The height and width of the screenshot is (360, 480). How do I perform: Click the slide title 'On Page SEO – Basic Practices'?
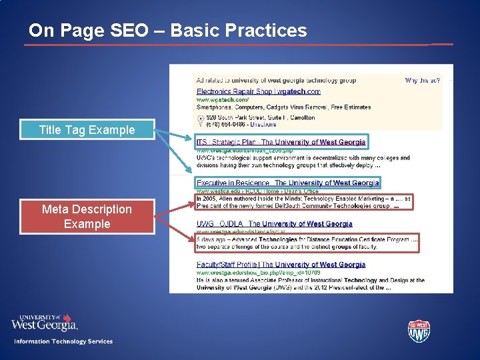(x=168, y=31)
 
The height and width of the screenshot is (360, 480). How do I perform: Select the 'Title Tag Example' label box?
(x=87, y=130)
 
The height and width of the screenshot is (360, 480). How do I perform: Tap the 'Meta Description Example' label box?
(x=87, y=217)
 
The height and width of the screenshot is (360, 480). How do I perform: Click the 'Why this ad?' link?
(x=422, y=81)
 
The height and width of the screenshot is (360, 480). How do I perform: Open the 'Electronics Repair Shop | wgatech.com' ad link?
(x=258, y=91)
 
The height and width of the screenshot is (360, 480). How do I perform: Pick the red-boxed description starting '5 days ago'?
(x=307, y=243)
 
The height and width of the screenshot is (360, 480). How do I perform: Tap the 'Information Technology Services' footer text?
(x=63, y=341)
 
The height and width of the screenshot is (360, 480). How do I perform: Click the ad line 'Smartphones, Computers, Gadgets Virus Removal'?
(x=283, y=107)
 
